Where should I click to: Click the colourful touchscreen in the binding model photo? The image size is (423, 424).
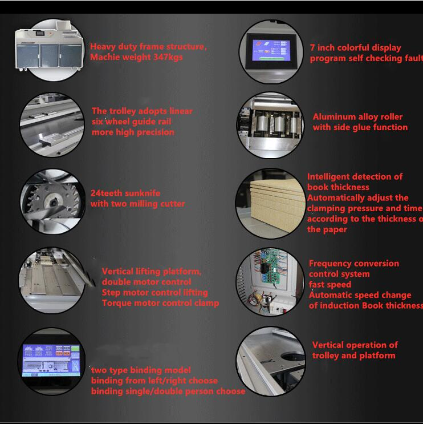(51, 360)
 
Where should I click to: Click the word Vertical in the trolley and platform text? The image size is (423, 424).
(331, 345)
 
